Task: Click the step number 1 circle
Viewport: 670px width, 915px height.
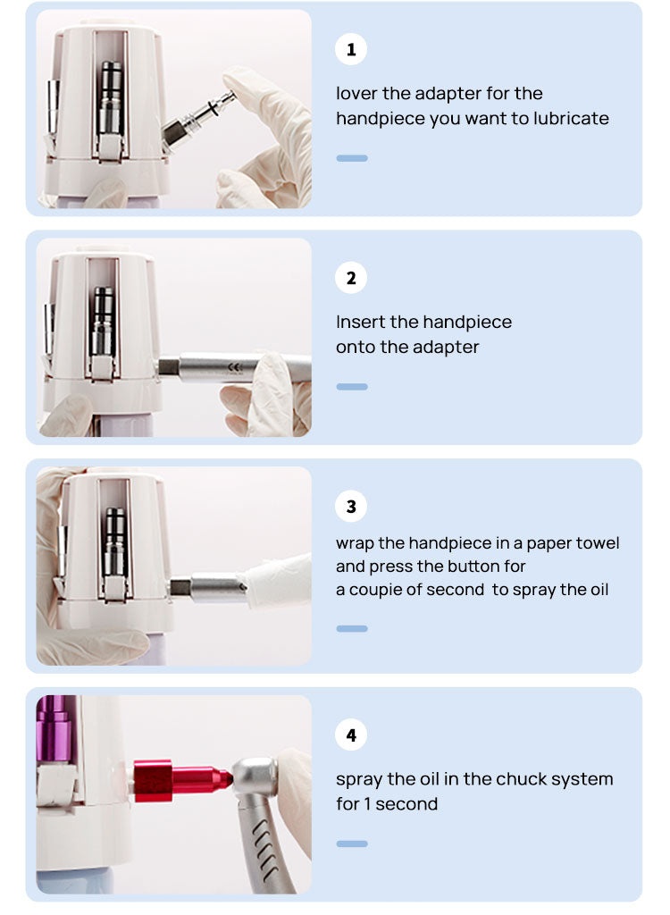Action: tap(351, 49)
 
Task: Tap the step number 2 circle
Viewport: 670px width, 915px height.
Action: tap(351, 278)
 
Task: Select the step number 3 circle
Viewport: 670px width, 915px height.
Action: tap(351, 507)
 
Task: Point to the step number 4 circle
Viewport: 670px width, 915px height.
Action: tap(351, 735)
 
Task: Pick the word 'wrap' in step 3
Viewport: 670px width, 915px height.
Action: tap(355, 544)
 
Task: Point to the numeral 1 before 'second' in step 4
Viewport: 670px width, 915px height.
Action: tap(367, 804)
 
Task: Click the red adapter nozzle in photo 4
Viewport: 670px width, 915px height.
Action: tap(182, 779)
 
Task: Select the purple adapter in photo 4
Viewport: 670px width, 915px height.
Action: tap(54, 729)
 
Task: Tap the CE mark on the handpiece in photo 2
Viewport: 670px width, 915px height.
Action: tap(235, 367)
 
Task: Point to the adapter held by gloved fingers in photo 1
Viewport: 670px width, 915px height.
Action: tap(198, 118)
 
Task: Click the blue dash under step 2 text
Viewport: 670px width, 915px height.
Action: tap(352, 387)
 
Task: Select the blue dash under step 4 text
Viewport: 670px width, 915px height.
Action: tap(352, 844)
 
